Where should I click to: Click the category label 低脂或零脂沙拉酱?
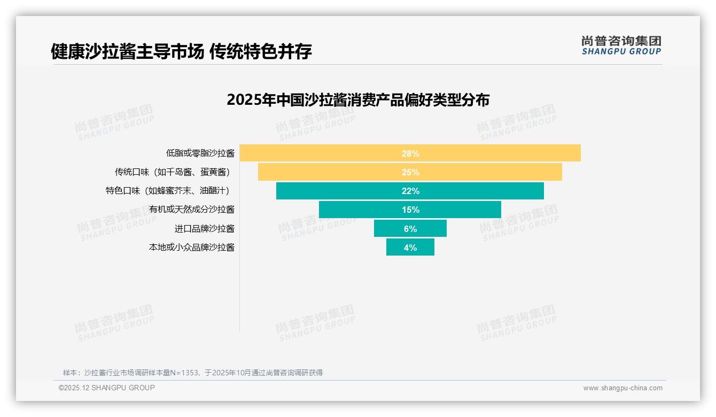click(200, 153)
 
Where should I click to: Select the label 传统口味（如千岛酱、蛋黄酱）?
click(174, 172)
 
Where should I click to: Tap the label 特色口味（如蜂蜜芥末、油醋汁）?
click(170, 191)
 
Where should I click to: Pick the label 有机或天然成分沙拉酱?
click(191, 210)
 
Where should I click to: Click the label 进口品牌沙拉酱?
click(204, 228)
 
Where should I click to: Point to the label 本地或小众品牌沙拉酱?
click(191, 247)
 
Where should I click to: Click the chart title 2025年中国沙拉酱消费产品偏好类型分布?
click(357, 100)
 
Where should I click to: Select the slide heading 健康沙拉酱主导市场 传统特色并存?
click(181, 52)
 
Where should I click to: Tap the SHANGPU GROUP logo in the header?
click(621, 45)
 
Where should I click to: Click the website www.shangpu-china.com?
click(622, 388)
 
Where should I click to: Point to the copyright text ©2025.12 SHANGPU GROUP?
click(107, 388)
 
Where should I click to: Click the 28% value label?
click(410, 153)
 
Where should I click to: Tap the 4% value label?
click(410, 248)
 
